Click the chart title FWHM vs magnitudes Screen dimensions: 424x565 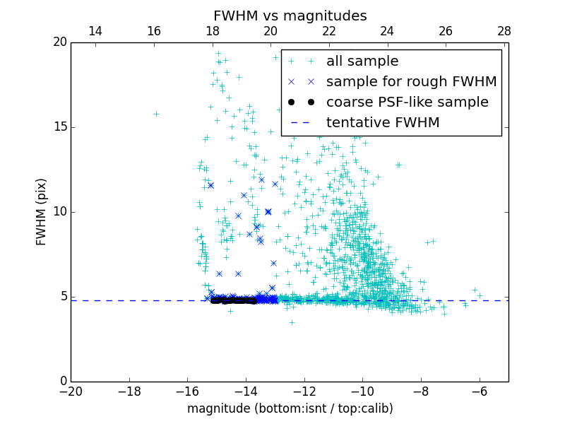click(290, 16)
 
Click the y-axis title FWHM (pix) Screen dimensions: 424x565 click(42, 211)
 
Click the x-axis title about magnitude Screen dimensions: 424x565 click(290, 408)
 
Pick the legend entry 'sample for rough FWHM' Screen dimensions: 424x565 click(411, 82)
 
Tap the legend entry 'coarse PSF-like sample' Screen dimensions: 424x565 click(407, 102)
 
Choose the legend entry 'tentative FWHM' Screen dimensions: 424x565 click(383, 123)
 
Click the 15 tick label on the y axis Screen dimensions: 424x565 click(59, 127)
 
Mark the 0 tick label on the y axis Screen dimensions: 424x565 click(63, 382)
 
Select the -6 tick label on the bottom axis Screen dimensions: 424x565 click(479, 391)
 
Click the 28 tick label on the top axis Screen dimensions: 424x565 click(504, 32)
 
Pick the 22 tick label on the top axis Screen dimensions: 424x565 click(329, 32)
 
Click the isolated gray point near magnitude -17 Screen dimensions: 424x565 click(156, 114)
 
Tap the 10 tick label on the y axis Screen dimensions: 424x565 click(59, 212)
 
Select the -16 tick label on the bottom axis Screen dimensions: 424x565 click(187, 391)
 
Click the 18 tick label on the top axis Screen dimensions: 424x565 click(212, 32)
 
